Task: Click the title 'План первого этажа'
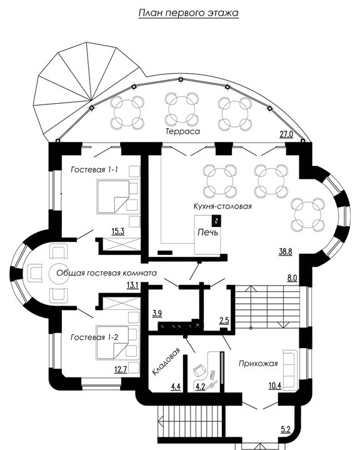pyautogui.click(x=188, y=14)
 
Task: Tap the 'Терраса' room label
pyautogui.click(x=182, y=131)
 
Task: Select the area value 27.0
pyautogui.click(x=286, y=134)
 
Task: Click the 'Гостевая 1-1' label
pyautogui.click(x=94, y=170)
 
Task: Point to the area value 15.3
pyautogui.click(x=117, y=231)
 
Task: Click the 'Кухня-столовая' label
pyautogui.click(x=222, y=206)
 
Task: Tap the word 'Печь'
pyautogui.click(x=208, y=232)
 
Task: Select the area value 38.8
pyautogui.click(x=286, y=252)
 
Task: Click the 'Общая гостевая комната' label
pyautogui.click(x=106, y=273)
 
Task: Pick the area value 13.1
pyautogui.click(x=132, y=285)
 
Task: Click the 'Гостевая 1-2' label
pyautogui.click(x=94, y=337)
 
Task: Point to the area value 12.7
pyautogui.click(x=121, y=369)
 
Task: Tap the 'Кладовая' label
pyautogui.click(x=166, y=361)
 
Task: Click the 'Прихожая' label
pyautogui.click(x=258, y=364)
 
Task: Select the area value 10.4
pyautogui.click(x=275, y=386)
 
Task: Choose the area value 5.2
pyautogui.click(x=286, y=429)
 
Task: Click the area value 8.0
pyautogui.click(x=292, y=277)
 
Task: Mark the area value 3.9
pyautogui.click(x=157, y=314)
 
